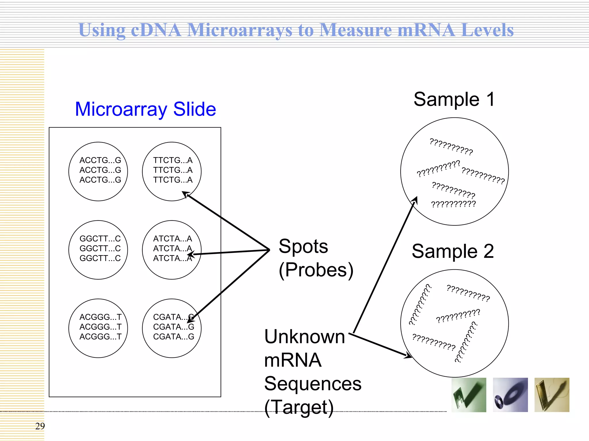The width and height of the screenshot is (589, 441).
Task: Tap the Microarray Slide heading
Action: (145, 109)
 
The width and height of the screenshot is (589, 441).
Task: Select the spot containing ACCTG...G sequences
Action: (98, 171)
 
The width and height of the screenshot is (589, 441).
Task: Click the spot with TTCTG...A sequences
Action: (172, 171)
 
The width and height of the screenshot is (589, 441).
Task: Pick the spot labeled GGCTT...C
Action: (98, 250)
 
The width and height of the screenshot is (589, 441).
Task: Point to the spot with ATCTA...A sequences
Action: (172, 250)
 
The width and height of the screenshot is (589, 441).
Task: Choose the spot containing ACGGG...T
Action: (98, 328)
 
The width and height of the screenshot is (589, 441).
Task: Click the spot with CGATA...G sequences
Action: (172, 328)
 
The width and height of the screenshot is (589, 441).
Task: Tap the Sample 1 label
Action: (454, 100)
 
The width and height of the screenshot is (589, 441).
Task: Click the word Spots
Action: (303, 247)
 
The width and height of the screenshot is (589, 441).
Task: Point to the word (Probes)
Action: (316, 270)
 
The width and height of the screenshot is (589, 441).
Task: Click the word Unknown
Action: (305, 336)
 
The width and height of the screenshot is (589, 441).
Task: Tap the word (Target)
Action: (299, 407)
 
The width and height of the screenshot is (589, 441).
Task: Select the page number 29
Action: (40, 426)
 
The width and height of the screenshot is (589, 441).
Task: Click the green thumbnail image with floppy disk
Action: (469, 395)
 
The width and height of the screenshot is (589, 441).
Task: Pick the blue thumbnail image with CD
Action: (510, 395)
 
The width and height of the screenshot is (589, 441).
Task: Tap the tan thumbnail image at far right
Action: (552, 395)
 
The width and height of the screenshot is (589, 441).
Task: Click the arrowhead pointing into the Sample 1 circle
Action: (415, 200)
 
